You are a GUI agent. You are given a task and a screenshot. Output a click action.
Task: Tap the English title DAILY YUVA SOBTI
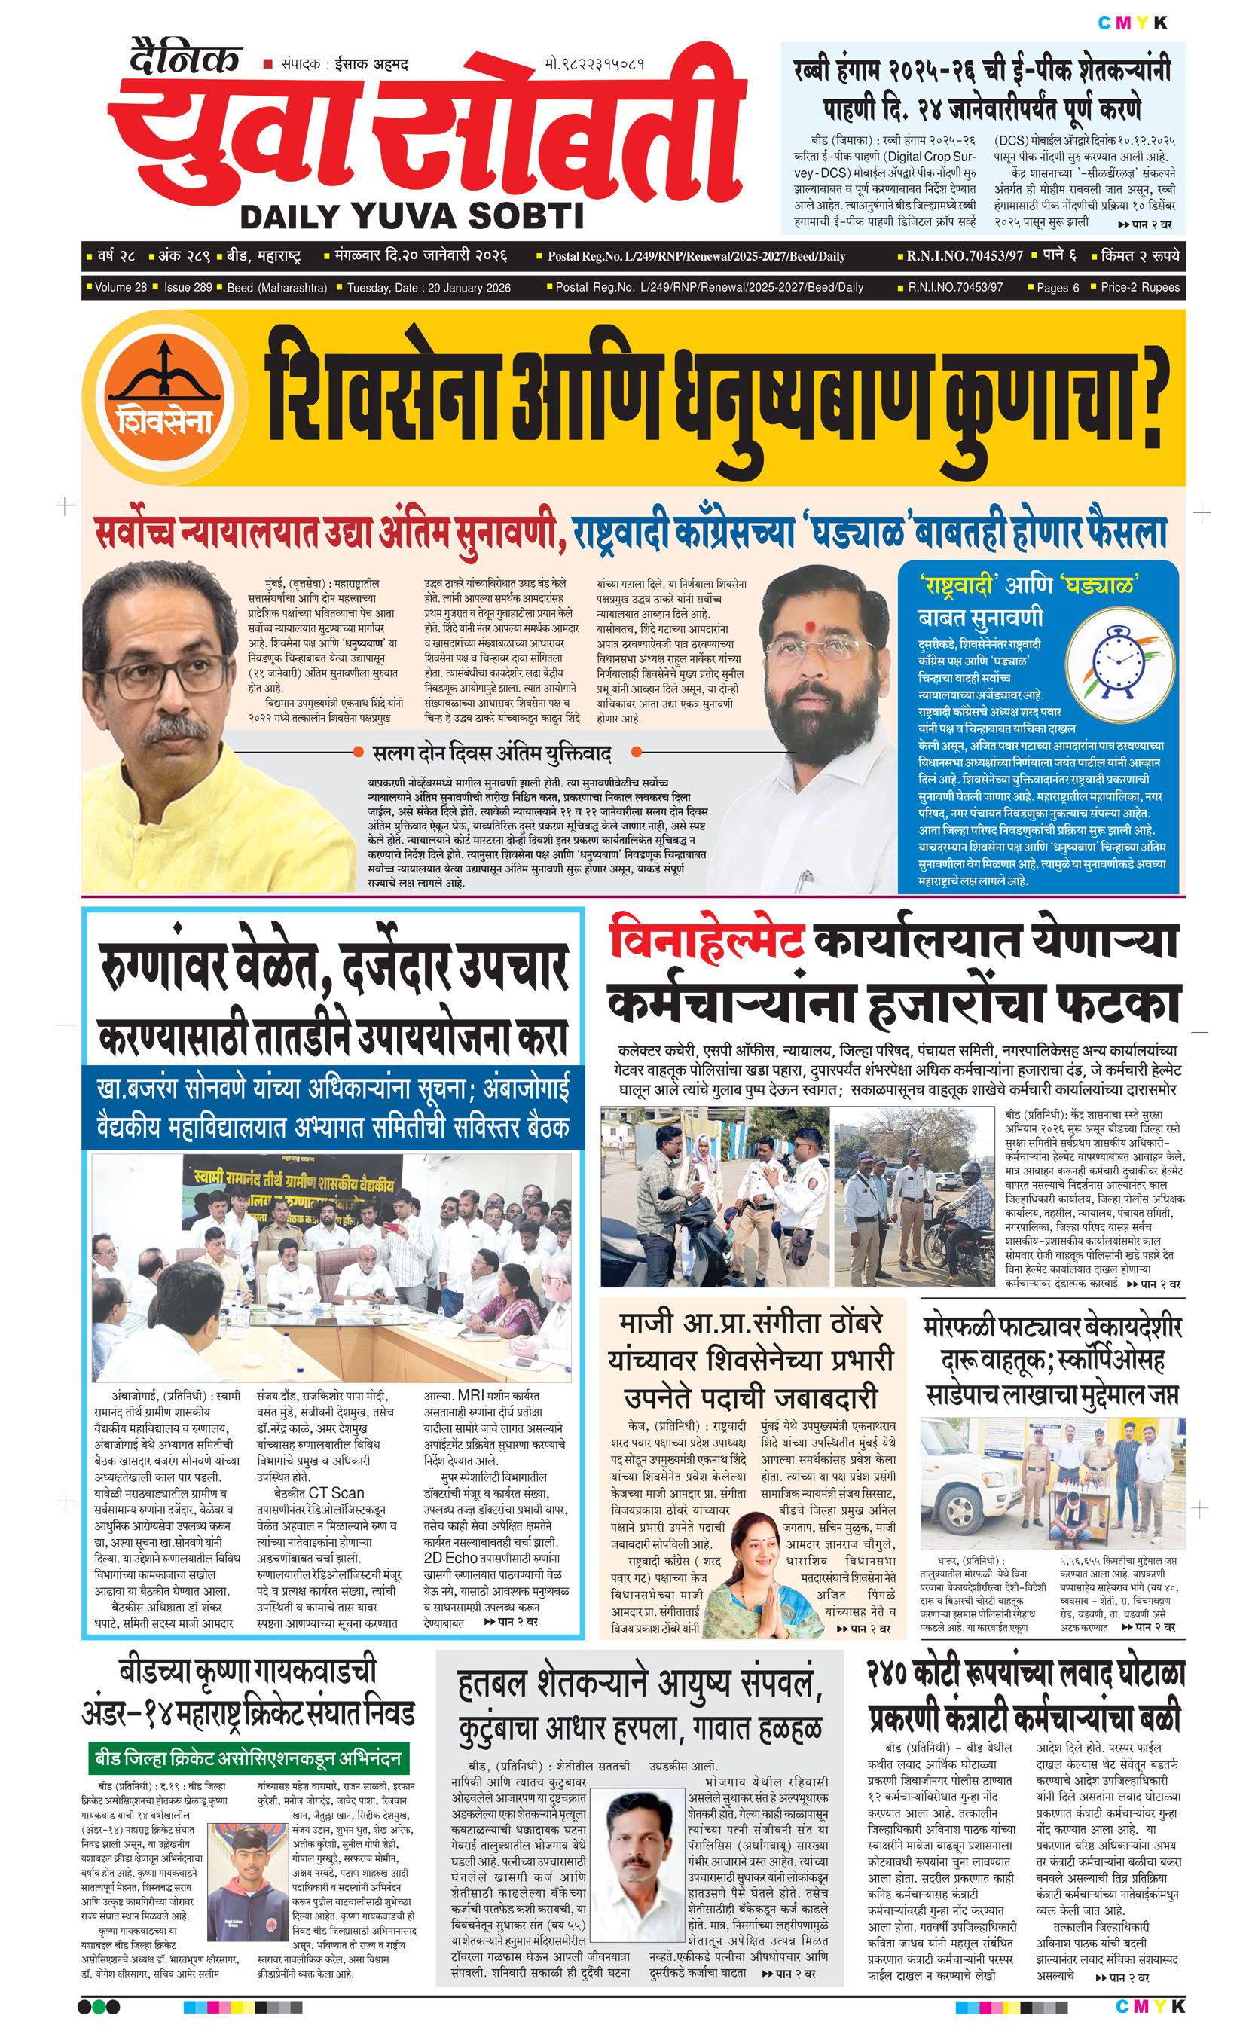(x=411, y=216)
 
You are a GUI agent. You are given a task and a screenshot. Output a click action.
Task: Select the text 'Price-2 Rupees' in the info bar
(x=1140, y=287)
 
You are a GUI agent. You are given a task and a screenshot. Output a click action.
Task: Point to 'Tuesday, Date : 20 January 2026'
(x=429, y=288)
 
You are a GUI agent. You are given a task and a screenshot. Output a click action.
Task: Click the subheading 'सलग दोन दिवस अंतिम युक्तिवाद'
(x=492, y=753)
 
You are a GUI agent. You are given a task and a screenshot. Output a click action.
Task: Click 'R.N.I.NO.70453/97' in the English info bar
(x=955, y=287)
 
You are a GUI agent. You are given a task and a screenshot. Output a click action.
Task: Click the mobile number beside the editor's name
(x=594, y=64)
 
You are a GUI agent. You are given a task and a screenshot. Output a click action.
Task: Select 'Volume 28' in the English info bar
(x=121, y=287)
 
